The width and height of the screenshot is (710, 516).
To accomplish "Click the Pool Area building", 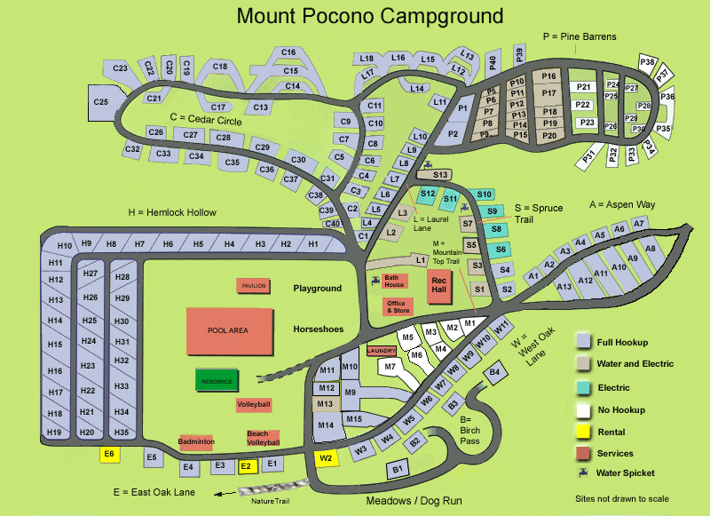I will tap(228, 329).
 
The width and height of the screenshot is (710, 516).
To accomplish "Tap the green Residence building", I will tap(216, 381).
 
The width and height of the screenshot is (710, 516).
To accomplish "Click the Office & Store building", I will tap(397, 307).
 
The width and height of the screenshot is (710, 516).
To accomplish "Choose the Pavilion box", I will tap(253, 285).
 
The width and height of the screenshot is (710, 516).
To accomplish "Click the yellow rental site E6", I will tap(110, 454).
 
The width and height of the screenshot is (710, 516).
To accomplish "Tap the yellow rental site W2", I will tap(326, 458).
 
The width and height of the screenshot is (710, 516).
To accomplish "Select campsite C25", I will tap(100, 102).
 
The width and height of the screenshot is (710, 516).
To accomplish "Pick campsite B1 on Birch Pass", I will tap(398, 468).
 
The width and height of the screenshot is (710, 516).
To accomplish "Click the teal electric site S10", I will tap(484, 194).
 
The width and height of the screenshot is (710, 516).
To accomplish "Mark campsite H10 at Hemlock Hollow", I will tap(64, 245).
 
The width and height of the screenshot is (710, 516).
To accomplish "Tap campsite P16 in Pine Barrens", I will tap(548, 76).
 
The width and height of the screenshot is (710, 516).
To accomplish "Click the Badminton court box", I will tap(196, 441).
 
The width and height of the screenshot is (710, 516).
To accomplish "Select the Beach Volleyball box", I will tap(263, 438).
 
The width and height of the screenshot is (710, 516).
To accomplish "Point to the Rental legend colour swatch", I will tap(583, 433).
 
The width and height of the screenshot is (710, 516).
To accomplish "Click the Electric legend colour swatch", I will tap(583, 387).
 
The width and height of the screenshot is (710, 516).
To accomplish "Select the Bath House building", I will tap(395, 280).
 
